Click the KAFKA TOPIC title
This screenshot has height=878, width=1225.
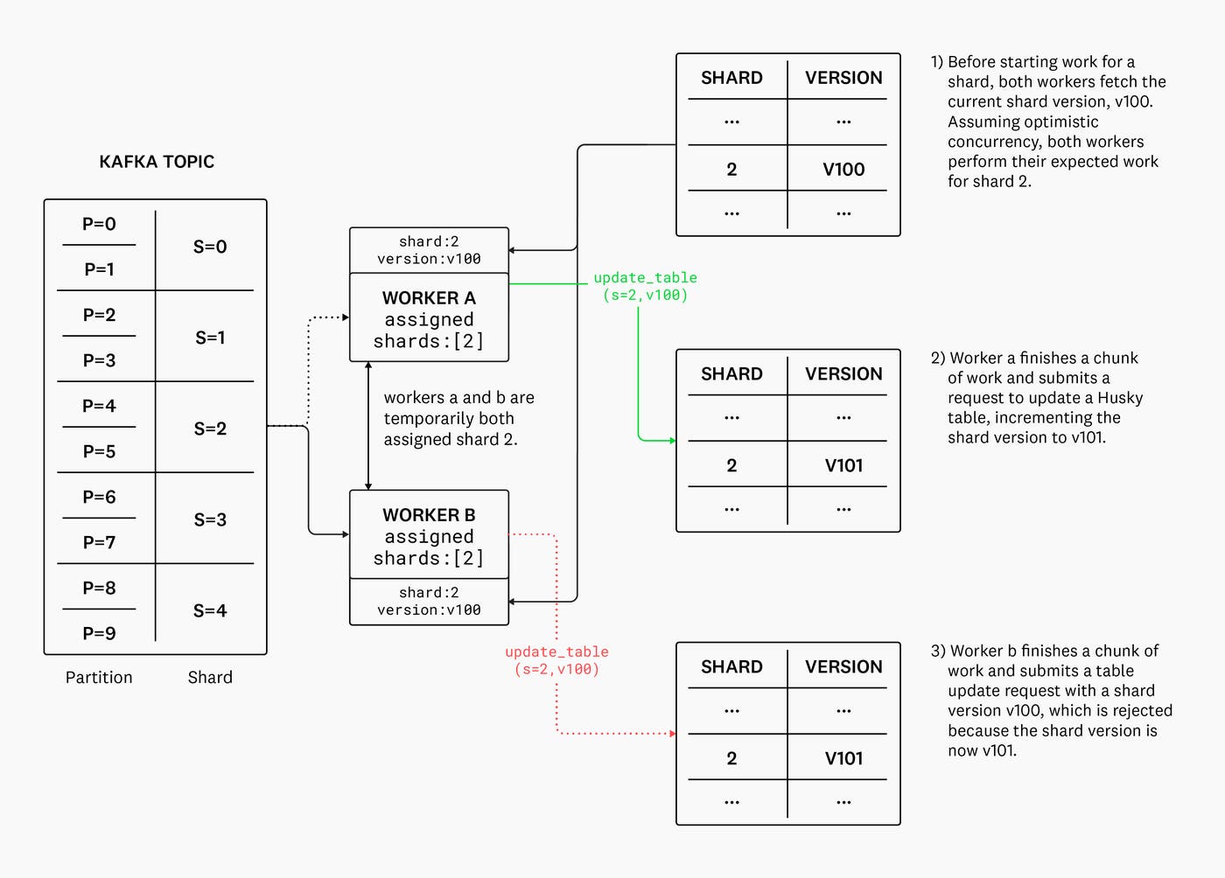157,162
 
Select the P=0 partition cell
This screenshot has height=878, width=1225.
99,224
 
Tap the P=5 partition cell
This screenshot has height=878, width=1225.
99,451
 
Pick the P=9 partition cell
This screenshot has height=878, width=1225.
99,633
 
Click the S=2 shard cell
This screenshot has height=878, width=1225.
210,429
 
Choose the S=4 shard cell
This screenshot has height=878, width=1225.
210,610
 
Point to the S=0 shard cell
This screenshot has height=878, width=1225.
210,247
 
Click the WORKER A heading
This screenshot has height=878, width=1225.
429,298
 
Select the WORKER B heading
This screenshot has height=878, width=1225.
429,515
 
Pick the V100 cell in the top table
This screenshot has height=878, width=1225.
843,170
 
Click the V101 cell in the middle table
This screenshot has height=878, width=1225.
843,465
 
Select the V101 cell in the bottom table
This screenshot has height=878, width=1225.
843,758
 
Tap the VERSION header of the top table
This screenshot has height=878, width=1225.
843,78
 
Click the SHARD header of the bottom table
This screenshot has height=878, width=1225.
731,666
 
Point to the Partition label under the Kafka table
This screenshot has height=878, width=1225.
99,678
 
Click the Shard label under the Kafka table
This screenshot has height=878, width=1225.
210,678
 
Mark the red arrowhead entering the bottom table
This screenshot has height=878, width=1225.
672,734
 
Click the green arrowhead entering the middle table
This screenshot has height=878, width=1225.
672,441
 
